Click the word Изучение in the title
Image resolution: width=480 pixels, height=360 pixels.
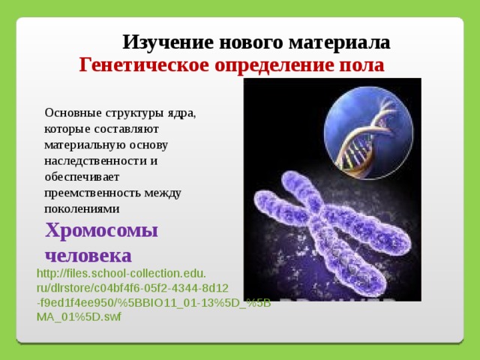(x=168, y=43)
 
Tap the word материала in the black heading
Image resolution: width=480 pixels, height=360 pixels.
(x=339, y=43)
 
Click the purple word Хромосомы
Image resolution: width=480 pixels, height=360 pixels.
(x=101, y=230)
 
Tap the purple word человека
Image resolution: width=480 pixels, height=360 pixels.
(x=88, y=256)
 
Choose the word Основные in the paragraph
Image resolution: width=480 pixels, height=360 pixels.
(x=73, y=112)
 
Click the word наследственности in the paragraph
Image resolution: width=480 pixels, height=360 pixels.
(x=95, y=161)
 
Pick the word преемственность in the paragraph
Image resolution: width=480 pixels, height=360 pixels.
(x=93, y=193)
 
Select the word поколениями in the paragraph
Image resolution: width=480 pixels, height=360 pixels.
(x=82, y=209)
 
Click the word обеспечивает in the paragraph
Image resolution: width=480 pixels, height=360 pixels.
(x=82, y=177)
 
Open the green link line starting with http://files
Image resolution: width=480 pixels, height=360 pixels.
(x=121, y=273)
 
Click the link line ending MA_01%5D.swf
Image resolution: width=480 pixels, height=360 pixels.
(x=79, y=316)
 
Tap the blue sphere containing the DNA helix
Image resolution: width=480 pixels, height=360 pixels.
(x=368, y=133)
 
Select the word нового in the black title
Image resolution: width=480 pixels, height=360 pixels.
(x=251, y=43)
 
